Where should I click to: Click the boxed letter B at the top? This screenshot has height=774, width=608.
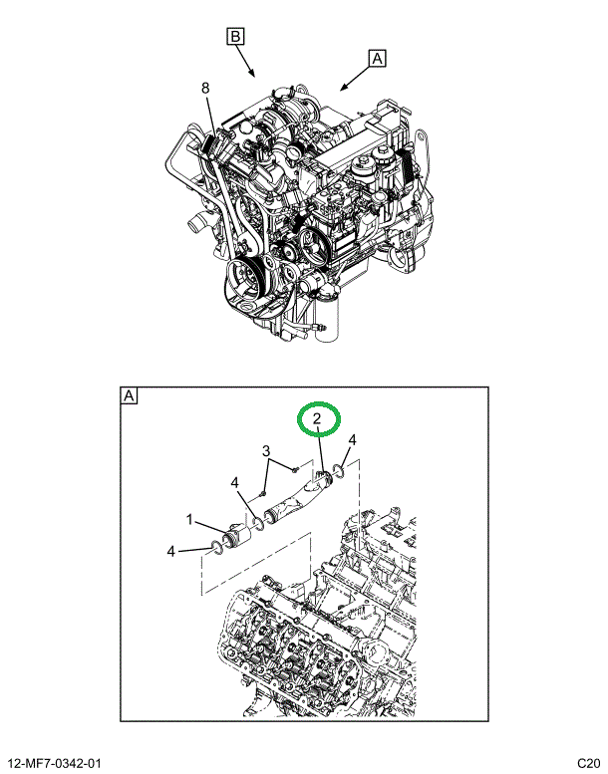tap(235, 37)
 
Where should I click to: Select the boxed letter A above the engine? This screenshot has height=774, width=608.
tap(377, 58)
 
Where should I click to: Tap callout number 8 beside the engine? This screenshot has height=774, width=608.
tap(205, 88)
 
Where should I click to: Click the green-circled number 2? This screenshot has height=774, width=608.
tap(317, 418)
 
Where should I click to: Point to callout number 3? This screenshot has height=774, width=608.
tap(266, 450)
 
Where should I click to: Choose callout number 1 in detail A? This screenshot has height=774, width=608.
tap(189, 519)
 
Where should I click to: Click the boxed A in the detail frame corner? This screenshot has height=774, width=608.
tap(129, 395)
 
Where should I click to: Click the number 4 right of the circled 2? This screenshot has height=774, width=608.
tap(352, 439)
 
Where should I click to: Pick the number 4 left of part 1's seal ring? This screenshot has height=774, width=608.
tap(170, 551)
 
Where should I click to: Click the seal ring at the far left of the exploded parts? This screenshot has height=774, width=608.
tap(216, 546)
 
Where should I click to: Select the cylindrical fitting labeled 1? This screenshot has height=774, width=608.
tap(236, 536)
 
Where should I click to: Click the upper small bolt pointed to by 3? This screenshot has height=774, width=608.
tap(295, 469)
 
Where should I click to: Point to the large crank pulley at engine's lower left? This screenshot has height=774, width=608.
tap(245, 279)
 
